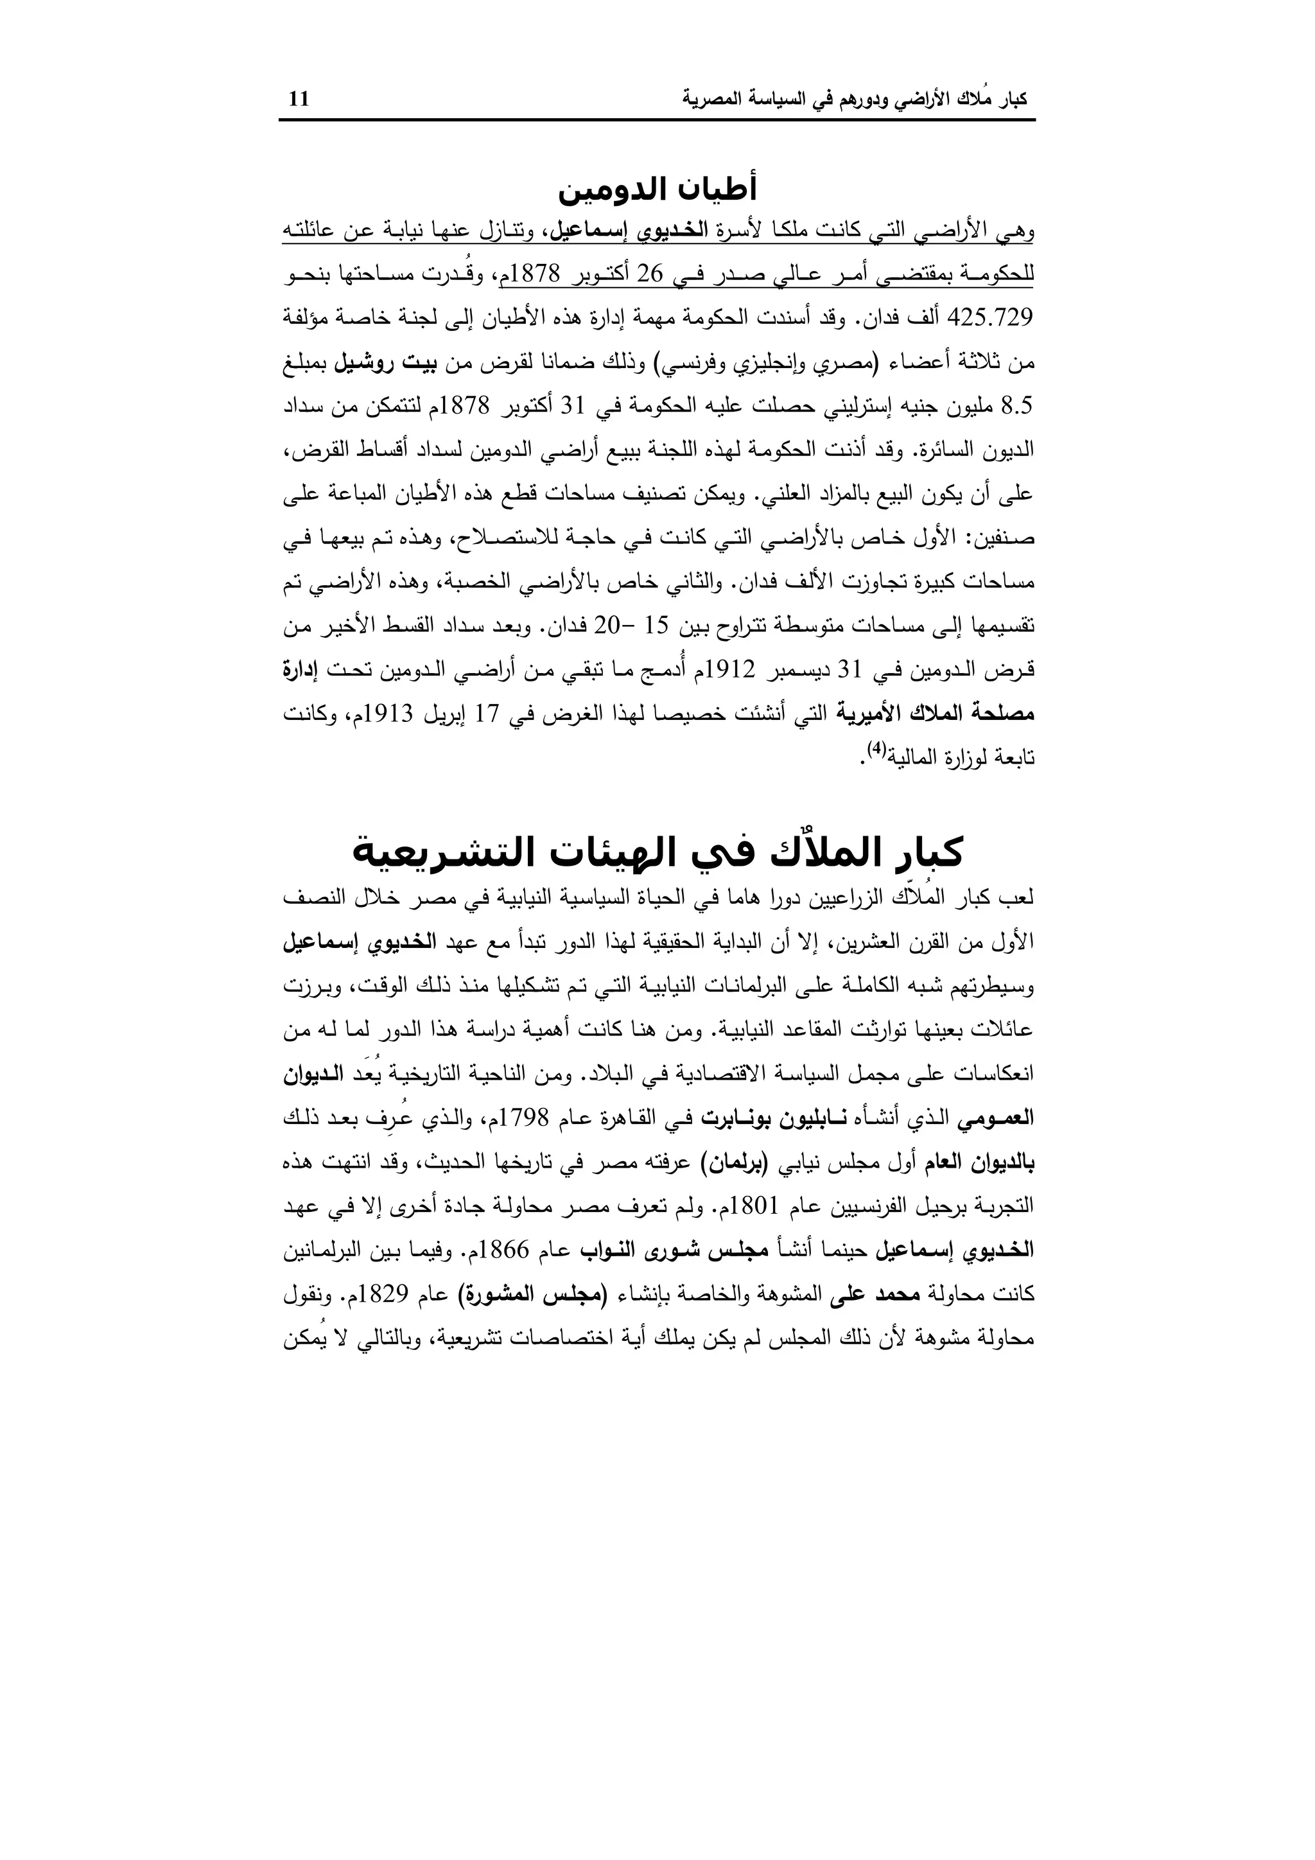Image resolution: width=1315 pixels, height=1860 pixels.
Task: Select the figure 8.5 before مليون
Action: click(x=1018, y=407)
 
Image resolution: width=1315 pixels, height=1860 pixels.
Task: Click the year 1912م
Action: click(x=726, y=671)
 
